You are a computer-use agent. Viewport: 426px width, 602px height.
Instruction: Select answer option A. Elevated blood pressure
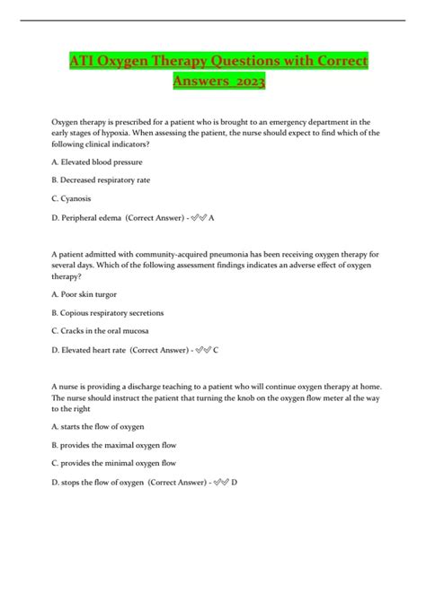(98, 161)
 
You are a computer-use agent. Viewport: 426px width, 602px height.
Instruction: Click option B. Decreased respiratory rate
(102, 179)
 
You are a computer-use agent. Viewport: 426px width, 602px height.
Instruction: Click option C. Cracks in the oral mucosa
(105, 330)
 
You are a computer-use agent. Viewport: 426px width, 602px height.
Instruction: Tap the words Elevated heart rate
(95, 349)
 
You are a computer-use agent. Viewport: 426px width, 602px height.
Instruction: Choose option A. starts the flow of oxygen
(99, 426)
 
